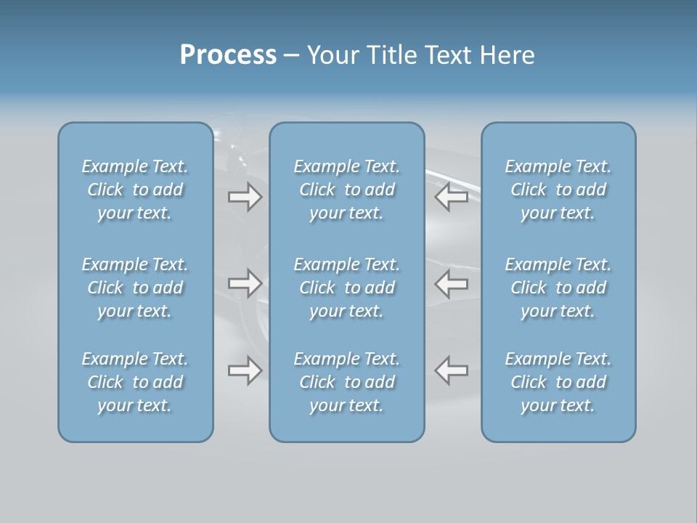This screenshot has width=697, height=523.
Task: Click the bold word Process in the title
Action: [x=228, y=55]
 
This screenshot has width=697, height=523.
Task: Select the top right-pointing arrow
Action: [x=245, y=197]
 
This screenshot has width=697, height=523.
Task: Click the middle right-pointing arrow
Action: [x=245, y=283]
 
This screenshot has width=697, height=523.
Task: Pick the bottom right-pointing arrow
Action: [x=245, y=370]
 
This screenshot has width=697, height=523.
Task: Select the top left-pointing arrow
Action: [x=452, y=197]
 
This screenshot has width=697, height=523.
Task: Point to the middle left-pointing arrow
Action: [x=452, y=283]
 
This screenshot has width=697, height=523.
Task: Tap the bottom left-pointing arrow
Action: [x=452, y=370]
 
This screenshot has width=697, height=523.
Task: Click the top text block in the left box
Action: [x=135, y=190]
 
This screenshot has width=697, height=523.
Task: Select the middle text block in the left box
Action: [x=135, y=288]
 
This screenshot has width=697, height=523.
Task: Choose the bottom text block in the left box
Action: [x=135, y=382]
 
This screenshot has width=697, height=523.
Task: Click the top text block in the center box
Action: [x=347, y=190]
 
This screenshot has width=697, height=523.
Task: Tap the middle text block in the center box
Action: [x=347, y=288]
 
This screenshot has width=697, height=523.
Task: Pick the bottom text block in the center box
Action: [x=347, y=382]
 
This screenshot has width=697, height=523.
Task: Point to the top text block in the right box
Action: [x=558, y=190]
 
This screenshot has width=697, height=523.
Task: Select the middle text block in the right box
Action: [x=558, y=288]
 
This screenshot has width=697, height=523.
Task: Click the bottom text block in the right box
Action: [x=558, y=382]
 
